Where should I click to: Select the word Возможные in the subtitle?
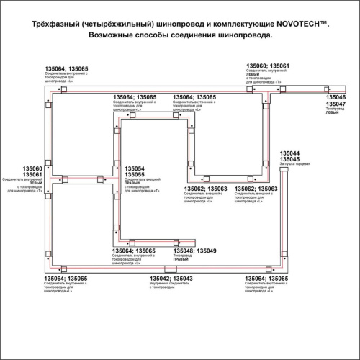[x=115, y=35]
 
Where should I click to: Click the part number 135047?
[x=336, y=104]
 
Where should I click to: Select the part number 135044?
[x=289, y=154]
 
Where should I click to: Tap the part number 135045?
[x=289, y=161]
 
